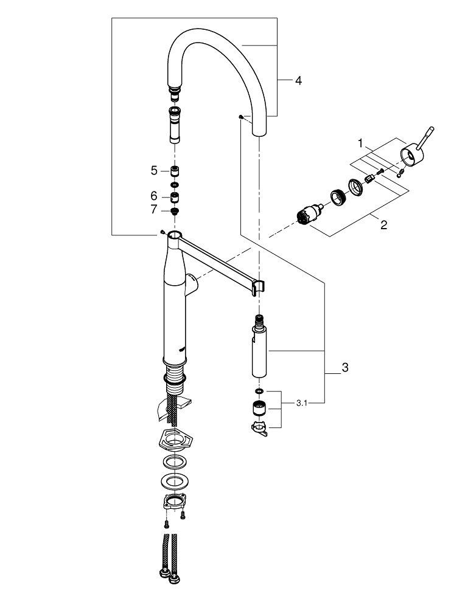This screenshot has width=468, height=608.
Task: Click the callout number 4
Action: [298, 80]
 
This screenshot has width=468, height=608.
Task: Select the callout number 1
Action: [360, 144]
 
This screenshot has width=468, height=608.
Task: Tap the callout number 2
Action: [384, 224]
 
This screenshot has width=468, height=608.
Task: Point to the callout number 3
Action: [345, 367]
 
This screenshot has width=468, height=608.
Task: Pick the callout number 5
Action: [154, 171]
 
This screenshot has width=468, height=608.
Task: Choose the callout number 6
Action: [154, 196]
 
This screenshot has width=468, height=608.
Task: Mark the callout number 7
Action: [154, 209]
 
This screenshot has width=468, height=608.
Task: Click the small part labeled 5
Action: [174, 171]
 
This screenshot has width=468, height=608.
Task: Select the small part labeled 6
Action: [174, 196]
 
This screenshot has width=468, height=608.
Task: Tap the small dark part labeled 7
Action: [174, 210]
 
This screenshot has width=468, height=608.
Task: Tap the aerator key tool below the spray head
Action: [259, 429]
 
